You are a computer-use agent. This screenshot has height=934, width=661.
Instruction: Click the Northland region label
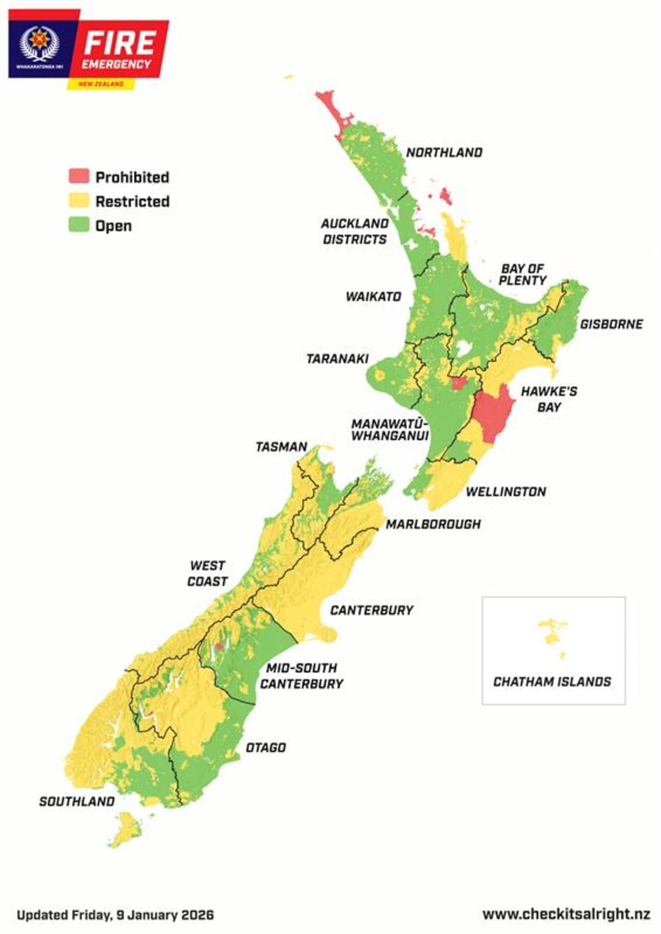click(x=444, y=152)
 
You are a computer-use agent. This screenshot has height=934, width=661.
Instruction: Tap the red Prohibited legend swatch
click(x=79, y=176)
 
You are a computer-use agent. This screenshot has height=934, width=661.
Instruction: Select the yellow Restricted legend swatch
click(x=79, y=201)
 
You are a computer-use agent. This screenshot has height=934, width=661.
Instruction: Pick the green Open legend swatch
click(x=79, y=225)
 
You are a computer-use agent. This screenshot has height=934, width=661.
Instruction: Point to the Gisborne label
click(x=611, y=324)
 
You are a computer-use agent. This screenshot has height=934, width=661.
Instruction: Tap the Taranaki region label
click(x=337, y=359)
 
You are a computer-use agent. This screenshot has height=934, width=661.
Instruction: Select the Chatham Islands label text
click(x=552, y=682)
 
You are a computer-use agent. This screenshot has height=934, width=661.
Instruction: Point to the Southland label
click(x=77, y=801)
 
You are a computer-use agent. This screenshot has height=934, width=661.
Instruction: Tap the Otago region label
click(x=266, y=748)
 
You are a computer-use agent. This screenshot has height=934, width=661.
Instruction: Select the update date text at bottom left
click(x=115, y=914)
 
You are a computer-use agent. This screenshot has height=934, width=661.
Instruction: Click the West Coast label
click(x=207, y=573)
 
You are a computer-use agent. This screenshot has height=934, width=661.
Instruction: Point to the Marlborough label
click(x=433, y=524)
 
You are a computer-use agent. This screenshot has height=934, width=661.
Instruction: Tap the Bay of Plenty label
click(x=523, y=274)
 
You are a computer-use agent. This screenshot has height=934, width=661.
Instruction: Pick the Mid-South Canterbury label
click(x=302, y=675)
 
